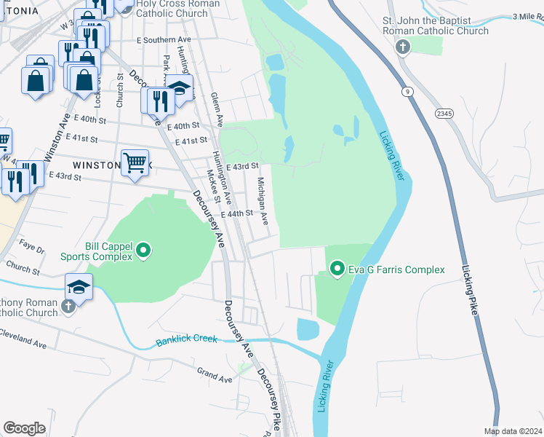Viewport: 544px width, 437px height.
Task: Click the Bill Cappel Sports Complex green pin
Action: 143,251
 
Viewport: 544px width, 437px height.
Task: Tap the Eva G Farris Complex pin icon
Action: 337,269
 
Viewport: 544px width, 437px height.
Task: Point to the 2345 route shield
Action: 444,114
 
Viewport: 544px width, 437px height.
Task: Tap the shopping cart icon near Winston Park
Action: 135,162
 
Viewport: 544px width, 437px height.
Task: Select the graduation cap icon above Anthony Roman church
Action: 79,286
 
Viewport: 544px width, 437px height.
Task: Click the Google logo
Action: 25,428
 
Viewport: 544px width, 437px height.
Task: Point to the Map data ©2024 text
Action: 513,431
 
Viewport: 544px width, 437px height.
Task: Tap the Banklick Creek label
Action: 187,341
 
